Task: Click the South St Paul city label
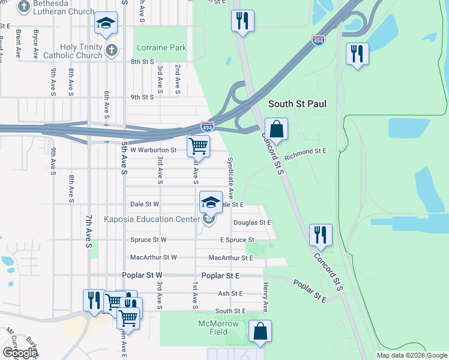(x=297, y=104)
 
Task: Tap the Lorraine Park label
(x=161, y=47)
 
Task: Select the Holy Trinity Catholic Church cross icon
(x=110, y=50)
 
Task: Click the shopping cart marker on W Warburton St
(x=198, y=146)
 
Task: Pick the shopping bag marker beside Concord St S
(x=276, y=128)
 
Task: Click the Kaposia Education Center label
(x=151, y=219)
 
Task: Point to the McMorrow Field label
(x=219, y=328)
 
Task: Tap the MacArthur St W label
(x=154, y=257)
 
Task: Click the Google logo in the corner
(x=19, y=353)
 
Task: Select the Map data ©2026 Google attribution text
(x=411, y=355)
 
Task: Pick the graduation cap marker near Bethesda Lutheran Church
(x=106, y=23)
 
